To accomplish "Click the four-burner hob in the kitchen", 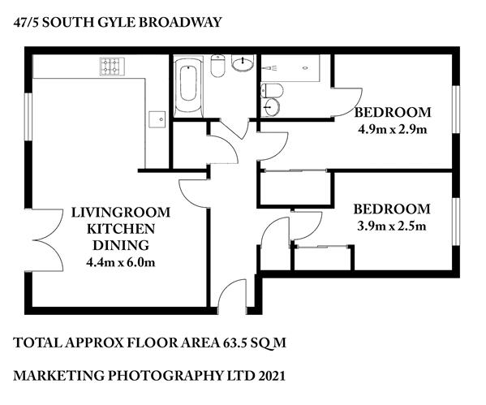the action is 112,67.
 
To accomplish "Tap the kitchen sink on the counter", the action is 157,119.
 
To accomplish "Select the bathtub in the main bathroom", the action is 188,84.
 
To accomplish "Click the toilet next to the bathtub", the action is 217,66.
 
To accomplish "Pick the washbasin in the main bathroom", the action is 243,63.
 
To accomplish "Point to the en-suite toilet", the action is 272,91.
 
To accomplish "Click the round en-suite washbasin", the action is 270,107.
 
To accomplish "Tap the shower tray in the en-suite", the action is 290,68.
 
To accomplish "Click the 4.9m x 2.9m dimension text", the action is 393,129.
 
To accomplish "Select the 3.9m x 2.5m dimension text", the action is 392,226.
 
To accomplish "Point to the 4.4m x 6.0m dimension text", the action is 121,262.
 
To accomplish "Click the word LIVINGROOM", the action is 121,213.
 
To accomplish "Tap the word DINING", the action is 121,245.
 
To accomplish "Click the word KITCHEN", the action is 121,229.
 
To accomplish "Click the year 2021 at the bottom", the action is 272,376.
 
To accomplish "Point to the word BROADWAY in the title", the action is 180,23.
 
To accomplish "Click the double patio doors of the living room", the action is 45,240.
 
